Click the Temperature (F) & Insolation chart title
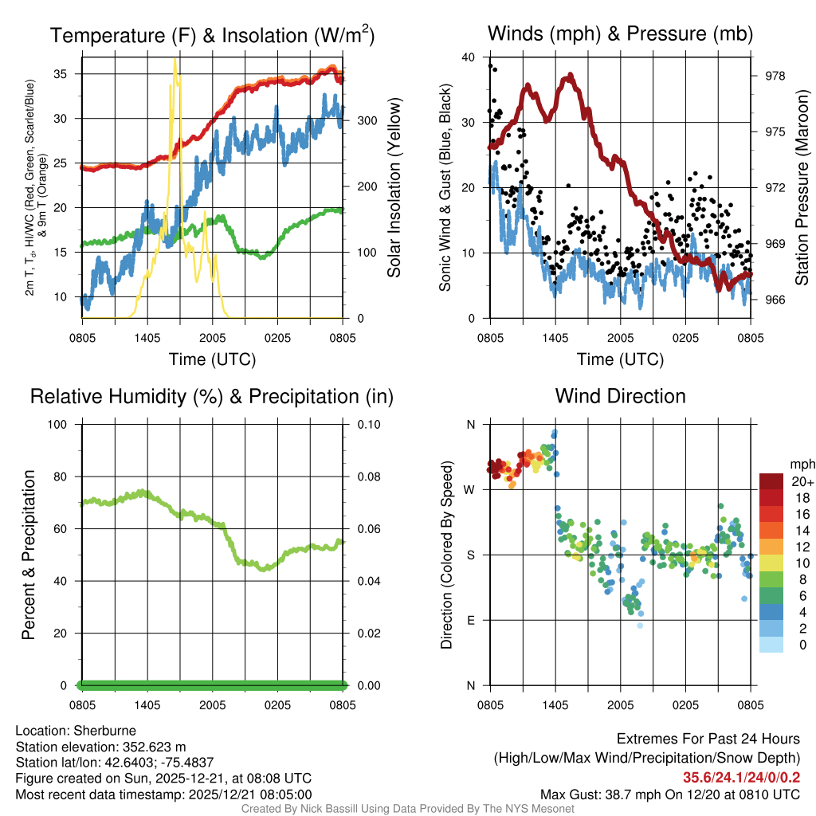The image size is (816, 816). pos(212,35)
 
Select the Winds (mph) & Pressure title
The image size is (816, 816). pos(620,33)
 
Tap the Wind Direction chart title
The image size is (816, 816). pos(620,396)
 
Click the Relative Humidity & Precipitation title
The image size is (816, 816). pos(212,396)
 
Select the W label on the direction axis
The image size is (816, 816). pos(471,489)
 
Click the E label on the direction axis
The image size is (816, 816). pos(472,620)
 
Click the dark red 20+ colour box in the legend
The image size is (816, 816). pos(771,481)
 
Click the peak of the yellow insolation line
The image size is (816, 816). pos(175,60)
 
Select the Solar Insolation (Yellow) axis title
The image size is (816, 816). pos(394,187)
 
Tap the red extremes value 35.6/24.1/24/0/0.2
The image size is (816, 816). pos(741,778)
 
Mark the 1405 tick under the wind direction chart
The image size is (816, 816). pos(555,704)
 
